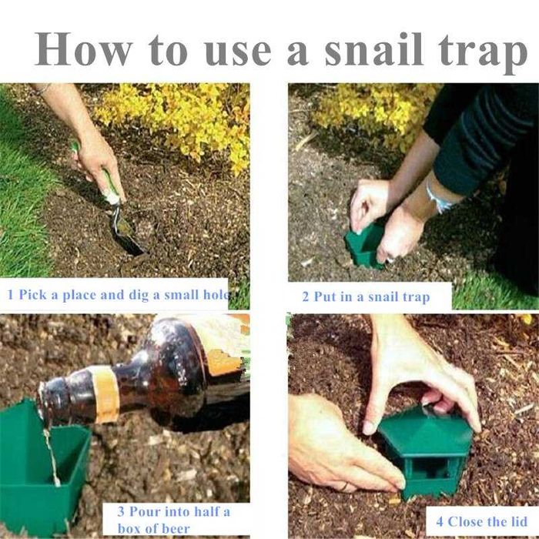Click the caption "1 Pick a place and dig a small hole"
tap(119, 295)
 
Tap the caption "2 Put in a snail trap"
tap(366, 297)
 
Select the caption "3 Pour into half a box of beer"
tap(173, 520)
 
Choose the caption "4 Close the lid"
tap(481, 521)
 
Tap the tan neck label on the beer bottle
tap(106, 394)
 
